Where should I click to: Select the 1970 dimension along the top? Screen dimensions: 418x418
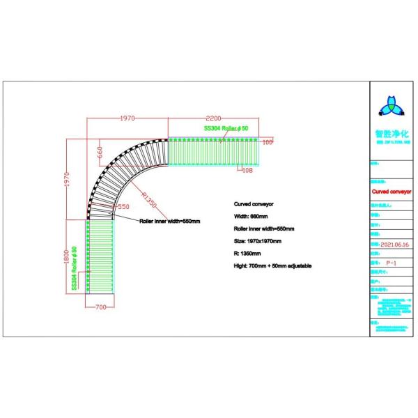(126, 118)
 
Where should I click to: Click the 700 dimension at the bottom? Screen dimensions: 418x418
(99, 307)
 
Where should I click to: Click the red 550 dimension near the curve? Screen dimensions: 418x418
(123, 207)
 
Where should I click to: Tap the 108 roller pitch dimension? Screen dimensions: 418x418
(247, 169)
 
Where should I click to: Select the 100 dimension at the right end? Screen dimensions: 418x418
(268, 142)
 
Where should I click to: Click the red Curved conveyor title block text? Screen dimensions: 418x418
(392, 188)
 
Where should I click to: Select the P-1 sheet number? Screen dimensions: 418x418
(392, 263)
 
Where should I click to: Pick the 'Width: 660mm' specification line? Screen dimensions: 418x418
(250, 217)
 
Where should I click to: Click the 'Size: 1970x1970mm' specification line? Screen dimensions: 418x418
(257, 241)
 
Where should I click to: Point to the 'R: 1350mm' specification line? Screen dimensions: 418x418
(247, 254)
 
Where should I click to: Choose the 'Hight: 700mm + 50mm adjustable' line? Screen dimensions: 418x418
(272, 266)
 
